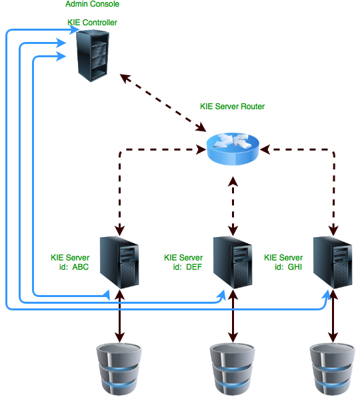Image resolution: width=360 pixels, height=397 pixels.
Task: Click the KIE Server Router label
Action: [232, 107]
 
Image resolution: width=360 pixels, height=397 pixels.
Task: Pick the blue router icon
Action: [233, 148]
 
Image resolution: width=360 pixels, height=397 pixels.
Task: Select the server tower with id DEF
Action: [233, 262]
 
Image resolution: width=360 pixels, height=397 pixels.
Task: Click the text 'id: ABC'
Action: [74, 268]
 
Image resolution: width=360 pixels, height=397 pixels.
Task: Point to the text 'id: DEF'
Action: [187, 268]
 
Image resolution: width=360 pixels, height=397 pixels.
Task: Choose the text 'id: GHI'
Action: [287, 268]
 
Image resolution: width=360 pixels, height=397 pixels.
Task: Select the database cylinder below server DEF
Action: [233, 368]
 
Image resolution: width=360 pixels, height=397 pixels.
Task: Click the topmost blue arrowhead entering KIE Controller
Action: [67, 30]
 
